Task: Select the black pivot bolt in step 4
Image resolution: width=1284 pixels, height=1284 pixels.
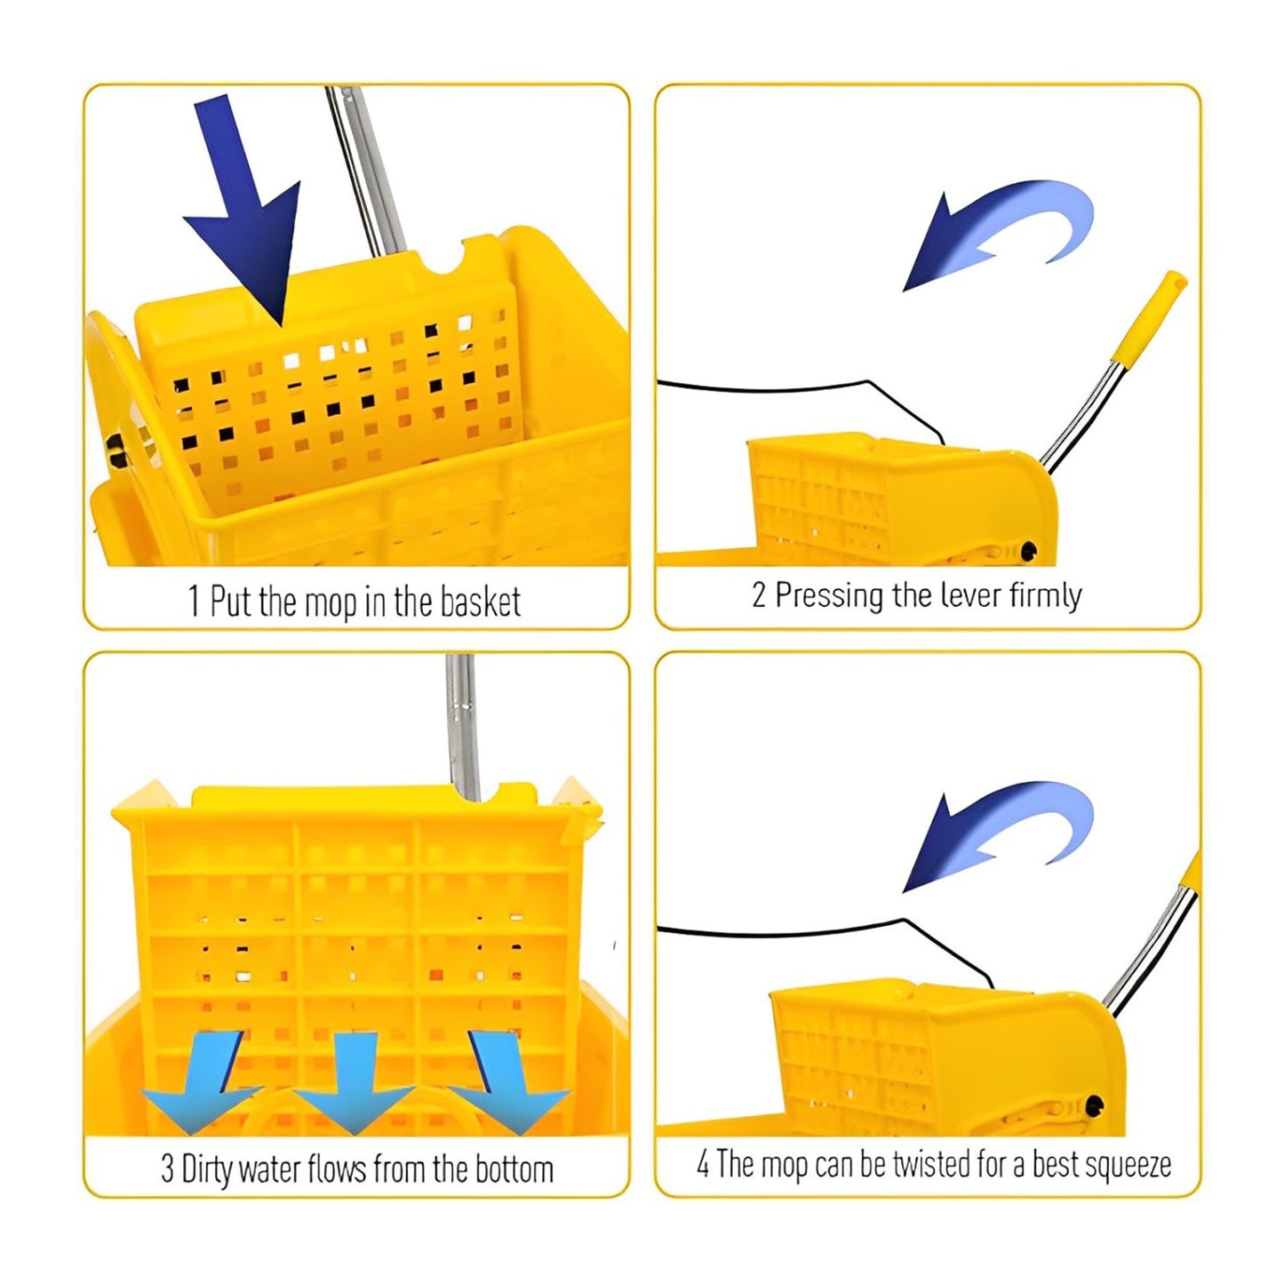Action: click(1093, 1106)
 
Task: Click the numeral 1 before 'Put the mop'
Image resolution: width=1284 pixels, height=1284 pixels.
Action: click(194, 602)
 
